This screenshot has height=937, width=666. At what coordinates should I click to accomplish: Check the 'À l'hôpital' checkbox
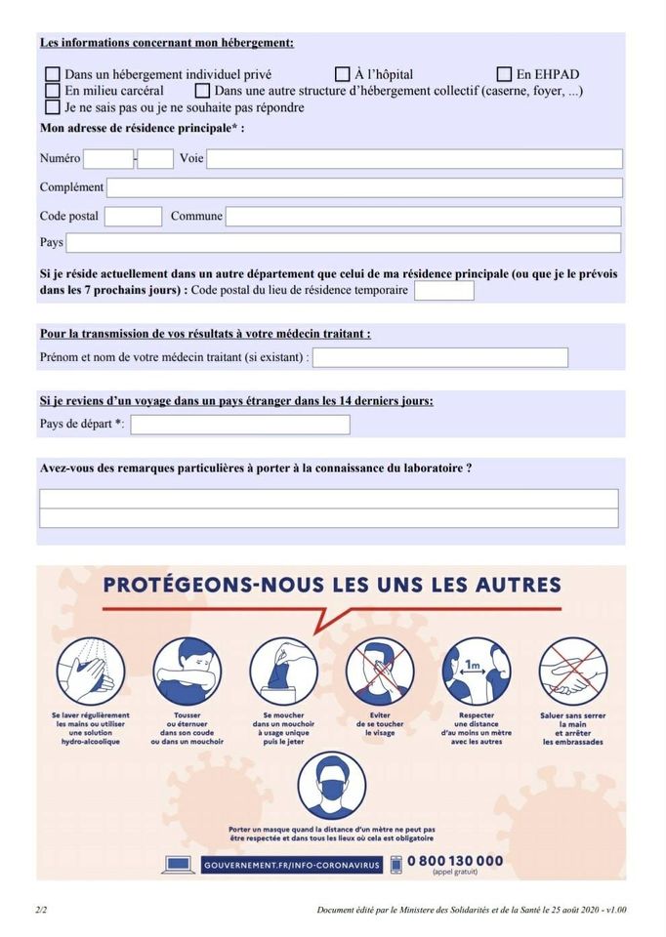343,74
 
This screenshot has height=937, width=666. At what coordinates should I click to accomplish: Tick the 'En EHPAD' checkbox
504,74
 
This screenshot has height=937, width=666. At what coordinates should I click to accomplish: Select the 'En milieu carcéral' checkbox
53,91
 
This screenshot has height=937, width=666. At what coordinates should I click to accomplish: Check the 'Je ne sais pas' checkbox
53,107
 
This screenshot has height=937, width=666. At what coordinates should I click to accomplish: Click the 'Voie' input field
414,158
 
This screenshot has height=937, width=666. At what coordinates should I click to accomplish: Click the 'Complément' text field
363,187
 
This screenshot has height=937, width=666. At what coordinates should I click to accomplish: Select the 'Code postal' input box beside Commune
133,217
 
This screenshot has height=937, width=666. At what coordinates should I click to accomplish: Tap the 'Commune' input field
423,217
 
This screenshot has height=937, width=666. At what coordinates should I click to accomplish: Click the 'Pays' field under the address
343,243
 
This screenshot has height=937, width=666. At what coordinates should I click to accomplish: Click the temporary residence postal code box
443,291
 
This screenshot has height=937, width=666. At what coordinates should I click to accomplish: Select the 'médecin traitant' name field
439,358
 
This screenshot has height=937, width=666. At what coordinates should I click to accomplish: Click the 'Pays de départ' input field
240,425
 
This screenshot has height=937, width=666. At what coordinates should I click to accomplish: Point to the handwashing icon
90,671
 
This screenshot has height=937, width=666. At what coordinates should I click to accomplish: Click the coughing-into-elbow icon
187,671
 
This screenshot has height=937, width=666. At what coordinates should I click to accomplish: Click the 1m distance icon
476,671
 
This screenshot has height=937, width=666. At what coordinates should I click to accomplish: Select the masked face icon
332,784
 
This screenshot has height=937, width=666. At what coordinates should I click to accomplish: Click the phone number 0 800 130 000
455,861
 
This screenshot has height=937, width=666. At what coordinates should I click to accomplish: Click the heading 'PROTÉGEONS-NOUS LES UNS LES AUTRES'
332,586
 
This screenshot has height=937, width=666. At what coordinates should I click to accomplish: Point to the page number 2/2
41,910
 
